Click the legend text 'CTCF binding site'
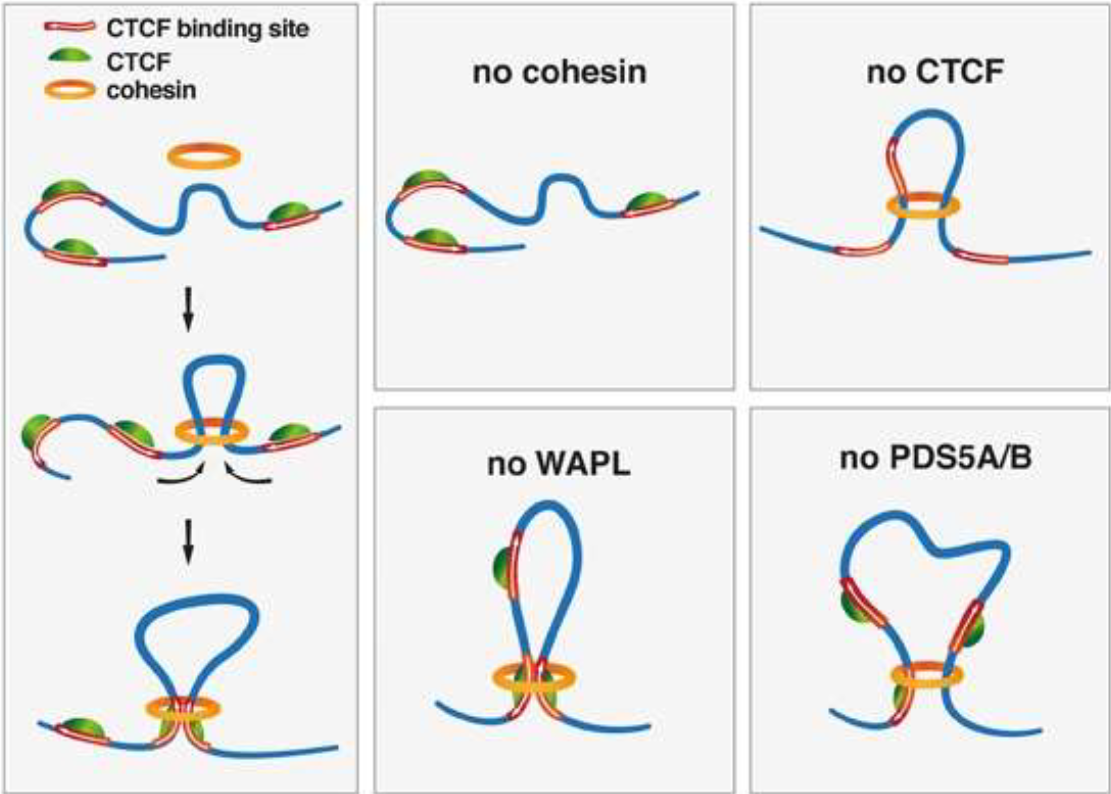(224, 29)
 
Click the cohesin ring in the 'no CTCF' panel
(923, 208)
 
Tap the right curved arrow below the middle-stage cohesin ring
(249, 479)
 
